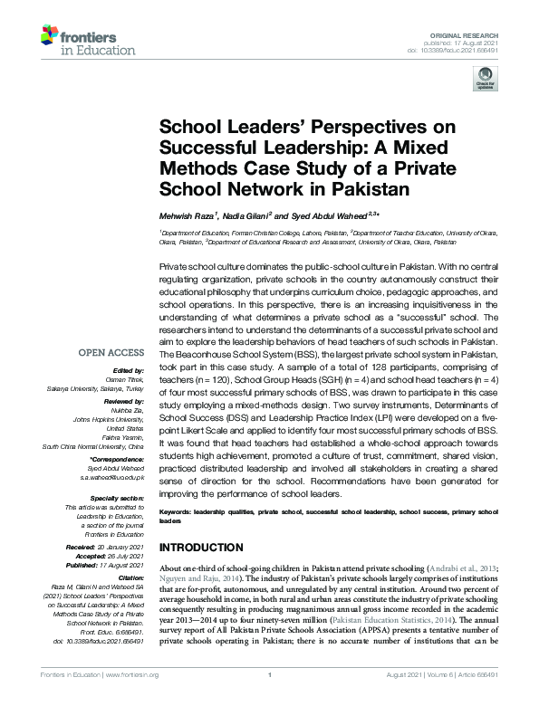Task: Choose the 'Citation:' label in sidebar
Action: [x=131, y=577]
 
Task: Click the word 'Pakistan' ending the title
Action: [x=365, y=190]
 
